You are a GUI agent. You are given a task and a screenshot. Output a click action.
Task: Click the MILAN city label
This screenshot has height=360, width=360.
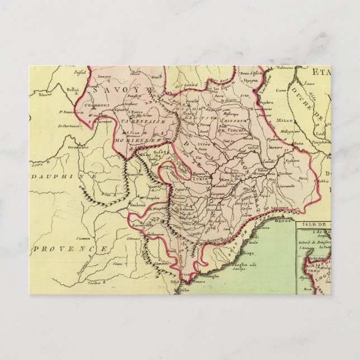[x=284, y=119]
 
